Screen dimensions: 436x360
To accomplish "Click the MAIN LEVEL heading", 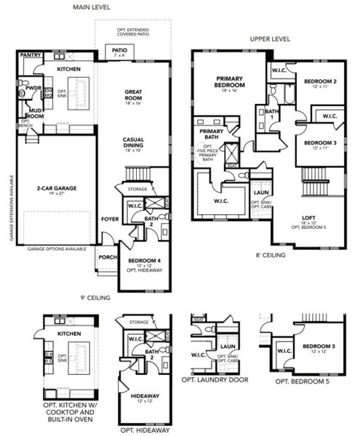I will point(90,7).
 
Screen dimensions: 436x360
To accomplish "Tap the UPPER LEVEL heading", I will point(270,39).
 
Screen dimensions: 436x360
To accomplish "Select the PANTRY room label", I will point(30,54).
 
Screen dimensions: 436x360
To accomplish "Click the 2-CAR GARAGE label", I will point(56,187).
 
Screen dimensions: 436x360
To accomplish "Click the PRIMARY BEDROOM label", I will point(229,81).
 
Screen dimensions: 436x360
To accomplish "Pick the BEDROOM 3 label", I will point(319,142).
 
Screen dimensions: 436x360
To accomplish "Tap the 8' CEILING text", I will point(269,255).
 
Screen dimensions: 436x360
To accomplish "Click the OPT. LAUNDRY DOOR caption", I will point(217,379).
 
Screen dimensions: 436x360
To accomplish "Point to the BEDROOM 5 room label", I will point(318,347).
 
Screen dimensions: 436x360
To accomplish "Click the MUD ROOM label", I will point(35,113).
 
